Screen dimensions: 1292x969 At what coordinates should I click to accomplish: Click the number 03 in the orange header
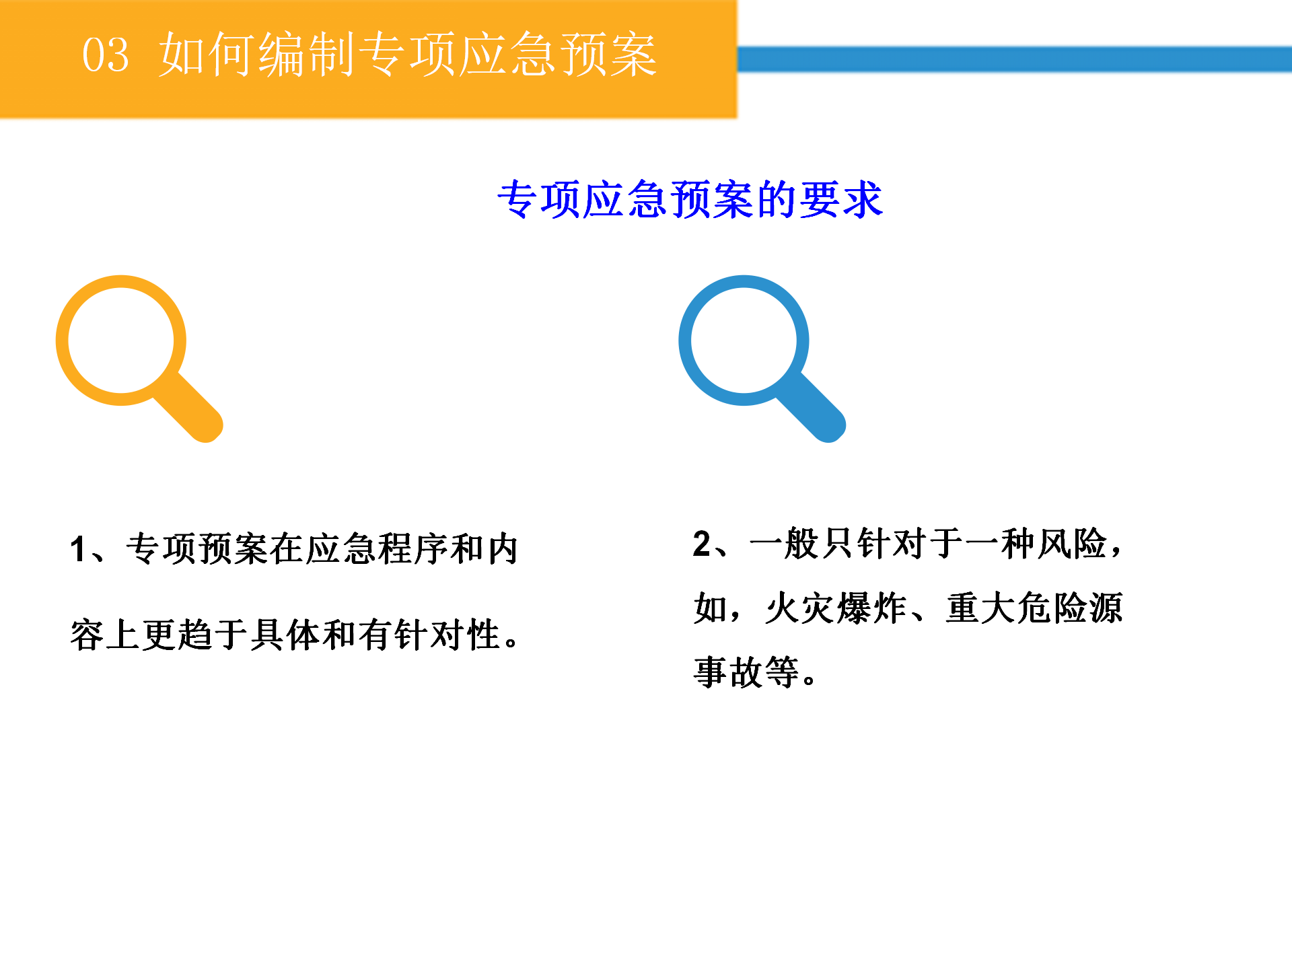105,55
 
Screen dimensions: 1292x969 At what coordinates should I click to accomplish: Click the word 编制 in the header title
307,54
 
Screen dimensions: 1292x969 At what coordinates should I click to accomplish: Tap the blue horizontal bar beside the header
1015,59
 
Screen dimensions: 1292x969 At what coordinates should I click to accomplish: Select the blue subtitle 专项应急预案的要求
690,200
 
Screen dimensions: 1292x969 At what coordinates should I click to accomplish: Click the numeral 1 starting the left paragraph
78,549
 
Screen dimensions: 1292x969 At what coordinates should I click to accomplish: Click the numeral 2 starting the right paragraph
702,544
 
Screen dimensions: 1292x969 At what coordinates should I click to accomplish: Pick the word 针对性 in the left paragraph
447,635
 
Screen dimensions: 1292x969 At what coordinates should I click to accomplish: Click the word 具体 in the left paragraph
286,635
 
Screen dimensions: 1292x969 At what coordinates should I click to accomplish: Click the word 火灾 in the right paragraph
801,608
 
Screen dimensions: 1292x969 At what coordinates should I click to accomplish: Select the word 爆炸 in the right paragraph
873,608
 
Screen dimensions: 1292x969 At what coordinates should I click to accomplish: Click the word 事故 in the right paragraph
728,672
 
